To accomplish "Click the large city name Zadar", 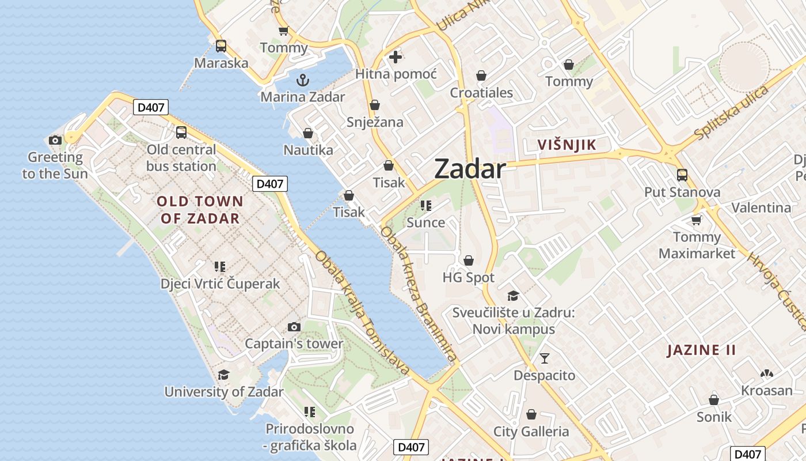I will click(x=470, y=169).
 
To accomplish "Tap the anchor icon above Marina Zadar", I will click(x=302, y=80).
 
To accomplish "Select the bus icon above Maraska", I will click(x=221, y=46).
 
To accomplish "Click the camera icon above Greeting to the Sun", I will click(x=55, y=140).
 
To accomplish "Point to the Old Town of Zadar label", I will click(x=200, y=210).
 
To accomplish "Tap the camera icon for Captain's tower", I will click(x=294, y=327).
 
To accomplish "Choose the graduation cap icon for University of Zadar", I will click(x=223, y=375).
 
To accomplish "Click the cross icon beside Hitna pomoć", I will click(x=396, y=57).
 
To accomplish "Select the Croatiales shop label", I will click(x=481, y=93).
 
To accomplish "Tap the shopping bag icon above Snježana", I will click(x=375, y=105).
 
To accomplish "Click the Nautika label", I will click(x=308, y=150).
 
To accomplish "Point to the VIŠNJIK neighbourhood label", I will click(x=567, y=145).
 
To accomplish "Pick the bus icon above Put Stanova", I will click(x=682, y=175).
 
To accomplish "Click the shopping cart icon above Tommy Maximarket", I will click(x=697, y=220).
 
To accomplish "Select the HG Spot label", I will click(x=468, y=278).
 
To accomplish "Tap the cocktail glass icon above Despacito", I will click(x=544, y=358).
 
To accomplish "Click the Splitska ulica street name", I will click(x=731, y=113).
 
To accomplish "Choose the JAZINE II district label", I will click(x=701, y=350).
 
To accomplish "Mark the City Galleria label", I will click(x=531, y=432).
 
